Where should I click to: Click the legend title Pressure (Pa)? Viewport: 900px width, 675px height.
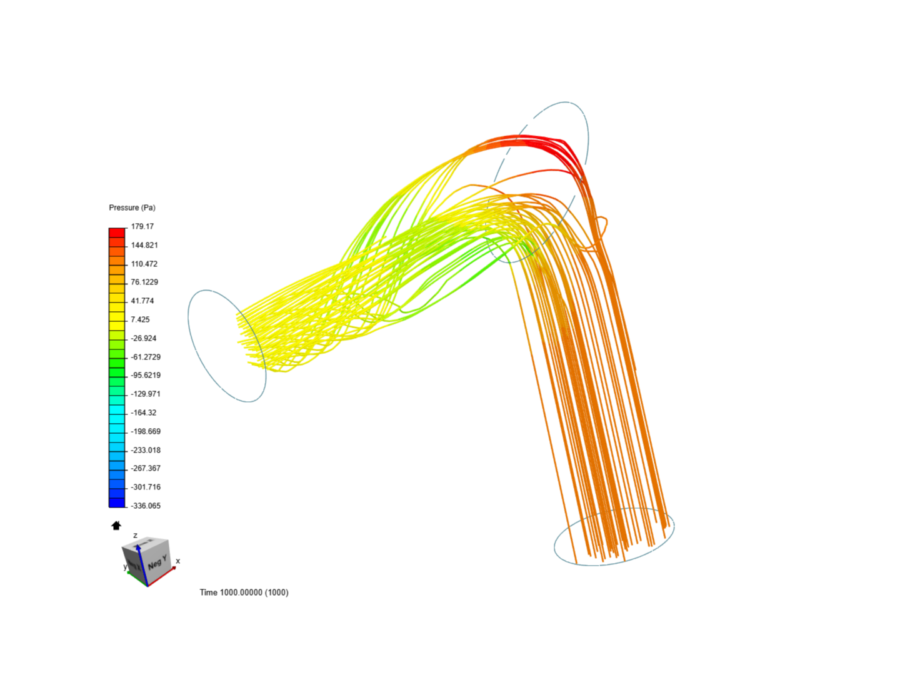tap(132, 207)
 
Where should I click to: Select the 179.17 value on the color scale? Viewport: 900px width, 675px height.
tap(142, 226)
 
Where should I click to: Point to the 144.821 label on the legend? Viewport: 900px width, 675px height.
tap(144, 245)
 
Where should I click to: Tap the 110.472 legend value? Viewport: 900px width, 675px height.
tap(144, 264)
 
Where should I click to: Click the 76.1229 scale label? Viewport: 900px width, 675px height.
tap(144, 282)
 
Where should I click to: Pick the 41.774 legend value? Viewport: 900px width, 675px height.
tap(142, 301)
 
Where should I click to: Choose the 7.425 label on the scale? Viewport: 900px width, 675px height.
tap(140, 319)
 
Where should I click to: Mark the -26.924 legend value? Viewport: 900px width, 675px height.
tap(144, 338)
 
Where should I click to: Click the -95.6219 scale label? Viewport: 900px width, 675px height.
tap(146, 375)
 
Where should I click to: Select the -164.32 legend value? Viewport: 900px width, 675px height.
tap(144, 412)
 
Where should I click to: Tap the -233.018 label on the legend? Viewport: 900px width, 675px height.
tap(146, 450)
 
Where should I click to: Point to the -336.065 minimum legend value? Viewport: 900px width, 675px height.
tap(146, 506)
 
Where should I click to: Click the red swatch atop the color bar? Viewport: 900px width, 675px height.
tap(117, 232)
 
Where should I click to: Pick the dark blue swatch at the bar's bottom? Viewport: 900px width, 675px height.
tap(117, 502)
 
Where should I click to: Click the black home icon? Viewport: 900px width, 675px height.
tap(116, 526)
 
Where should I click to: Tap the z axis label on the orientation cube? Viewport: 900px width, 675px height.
tap(135, 536)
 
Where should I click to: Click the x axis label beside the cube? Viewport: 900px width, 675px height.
tap(178, 561)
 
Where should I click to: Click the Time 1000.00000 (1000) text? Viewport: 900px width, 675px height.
tap(244, 592)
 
